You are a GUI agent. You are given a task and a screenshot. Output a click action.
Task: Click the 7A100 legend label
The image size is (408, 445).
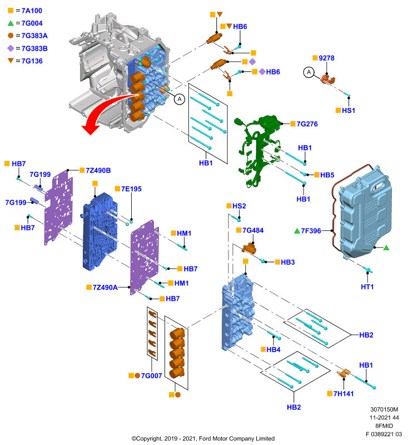coord(32,11)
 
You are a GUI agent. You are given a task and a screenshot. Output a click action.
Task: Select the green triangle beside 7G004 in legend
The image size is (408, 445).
coord(11,23)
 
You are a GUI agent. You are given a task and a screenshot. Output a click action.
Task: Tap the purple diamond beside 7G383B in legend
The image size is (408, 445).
coord(11,48)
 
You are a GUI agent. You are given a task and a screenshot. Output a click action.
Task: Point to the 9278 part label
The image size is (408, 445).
coord(326,58)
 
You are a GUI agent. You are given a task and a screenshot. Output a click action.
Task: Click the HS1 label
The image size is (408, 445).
coord(349,110)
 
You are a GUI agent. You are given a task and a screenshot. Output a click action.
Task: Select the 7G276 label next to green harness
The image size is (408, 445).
coord(307,124)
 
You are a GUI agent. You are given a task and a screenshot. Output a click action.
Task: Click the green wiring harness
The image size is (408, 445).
coord(258,150)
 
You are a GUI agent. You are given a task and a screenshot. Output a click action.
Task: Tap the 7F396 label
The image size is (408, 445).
coord(311,231)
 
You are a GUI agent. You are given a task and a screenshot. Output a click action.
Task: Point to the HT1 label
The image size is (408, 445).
coord(367,287)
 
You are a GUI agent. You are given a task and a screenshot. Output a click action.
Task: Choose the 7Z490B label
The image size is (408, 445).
coord(98,171)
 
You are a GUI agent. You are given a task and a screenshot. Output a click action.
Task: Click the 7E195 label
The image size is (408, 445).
coord(131,189)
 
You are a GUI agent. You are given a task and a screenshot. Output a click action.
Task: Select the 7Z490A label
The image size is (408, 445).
coord(105,288)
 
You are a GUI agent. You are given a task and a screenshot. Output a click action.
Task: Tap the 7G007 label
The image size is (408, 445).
coord(151,376)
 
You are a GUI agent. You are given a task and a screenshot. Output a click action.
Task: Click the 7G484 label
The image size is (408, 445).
coord(253,230)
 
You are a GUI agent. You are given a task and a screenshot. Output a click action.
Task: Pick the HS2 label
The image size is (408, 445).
coord(239,206)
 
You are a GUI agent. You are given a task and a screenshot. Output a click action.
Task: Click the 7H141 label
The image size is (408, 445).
coord(344,394)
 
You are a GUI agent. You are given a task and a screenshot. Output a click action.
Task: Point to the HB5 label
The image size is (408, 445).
coord(327,175)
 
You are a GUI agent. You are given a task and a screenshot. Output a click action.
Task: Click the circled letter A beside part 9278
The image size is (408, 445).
coord(309,72)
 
